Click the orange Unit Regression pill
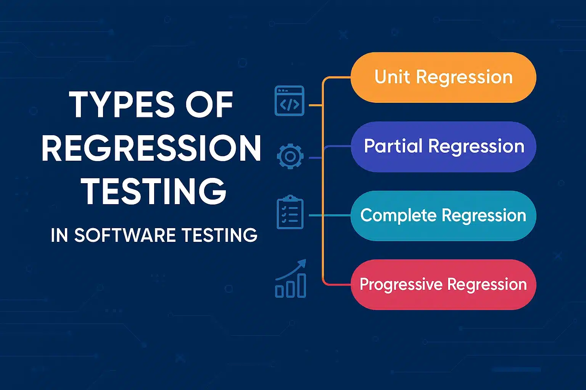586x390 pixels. click(443, 77)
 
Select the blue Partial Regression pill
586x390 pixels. click(443, 147)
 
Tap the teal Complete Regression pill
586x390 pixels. click(443, 216)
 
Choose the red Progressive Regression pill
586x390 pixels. click(443, 285)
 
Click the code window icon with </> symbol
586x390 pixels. click(290, 101)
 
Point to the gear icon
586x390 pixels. click(290, 157)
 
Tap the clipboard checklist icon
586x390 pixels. click(290, 212)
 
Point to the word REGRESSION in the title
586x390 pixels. click(151, 148)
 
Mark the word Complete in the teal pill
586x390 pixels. click(398, 216)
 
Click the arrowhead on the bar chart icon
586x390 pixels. click(302, 263)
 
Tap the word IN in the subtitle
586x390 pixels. click(59, 235)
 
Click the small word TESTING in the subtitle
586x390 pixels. click(219, 235)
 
